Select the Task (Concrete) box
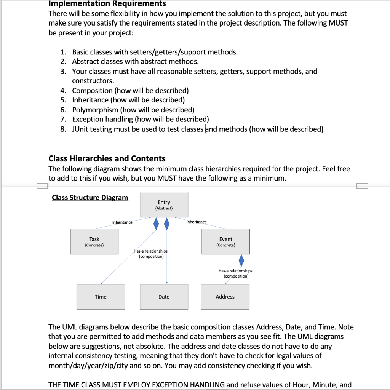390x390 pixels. [x=94, y=241]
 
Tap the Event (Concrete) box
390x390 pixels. [x=225, y=241]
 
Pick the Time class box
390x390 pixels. [x=101, y=296]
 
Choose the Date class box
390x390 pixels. [x=164, y=296]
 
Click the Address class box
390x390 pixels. [x=225, y=296]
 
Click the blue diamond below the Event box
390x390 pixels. [x=241, y=261]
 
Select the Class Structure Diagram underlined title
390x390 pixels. [x=90, y=197]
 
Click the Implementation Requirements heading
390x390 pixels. [x=107, y=4]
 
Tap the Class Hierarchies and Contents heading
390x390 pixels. [x=107, y=158]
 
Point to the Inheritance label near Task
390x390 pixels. [x=122, y=222]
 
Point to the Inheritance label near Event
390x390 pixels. [x=197, y=222]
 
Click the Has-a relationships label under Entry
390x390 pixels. [x=151, y=254]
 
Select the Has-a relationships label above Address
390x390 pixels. [x=235, y=273]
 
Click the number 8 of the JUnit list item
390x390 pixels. [x=63, y=129]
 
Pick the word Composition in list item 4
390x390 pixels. [x=92, y=90]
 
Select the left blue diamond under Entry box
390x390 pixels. [x=156, y=224]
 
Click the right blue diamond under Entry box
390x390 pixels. [x=166, y=224]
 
